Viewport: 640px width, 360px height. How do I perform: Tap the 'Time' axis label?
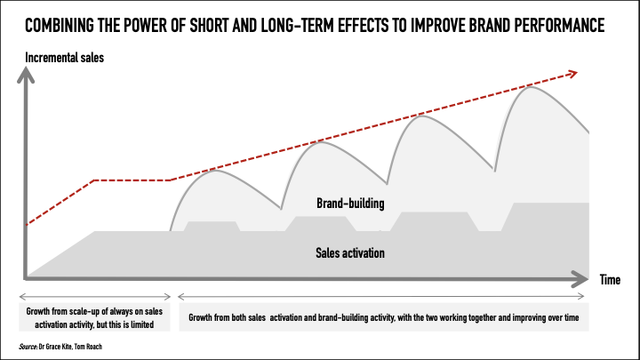tap(609, 280)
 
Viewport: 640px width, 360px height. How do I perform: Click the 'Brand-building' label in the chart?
tap(350, 204)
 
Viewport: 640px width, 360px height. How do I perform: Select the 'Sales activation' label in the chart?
tap(350, 252)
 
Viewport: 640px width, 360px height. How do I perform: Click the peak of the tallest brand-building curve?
tap(532, 86)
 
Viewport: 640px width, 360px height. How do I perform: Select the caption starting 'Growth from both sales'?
tap(382, 316)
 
